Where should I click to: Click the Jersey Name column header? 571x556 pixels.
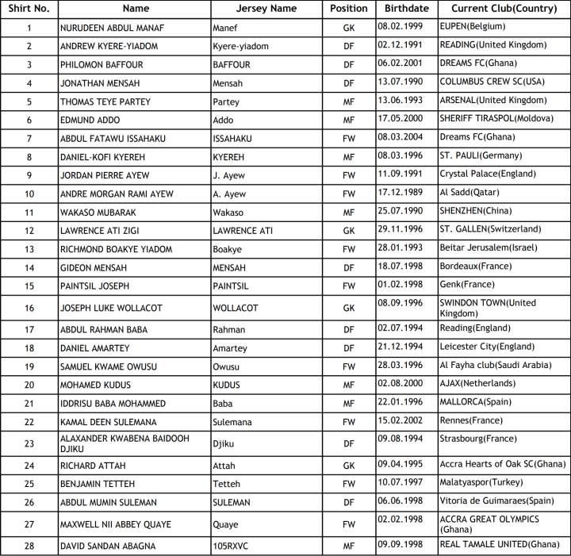[266, 9]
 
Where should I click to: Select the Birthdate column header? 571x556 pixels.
[406, 9]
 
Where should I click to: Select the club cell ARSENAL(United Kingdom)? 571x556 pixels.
[492, 101]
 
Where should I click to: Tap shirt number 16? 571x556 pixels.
[29, 308]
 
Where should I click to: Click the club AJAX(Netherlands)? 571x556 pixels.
[478, 384]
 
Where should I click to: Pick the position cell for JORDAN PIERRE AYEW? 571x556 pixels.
[349, 175]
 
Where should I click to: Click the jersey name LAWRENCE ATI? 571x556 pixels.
[243, 231]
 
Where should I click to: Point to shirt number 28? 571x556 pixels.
[29, 546]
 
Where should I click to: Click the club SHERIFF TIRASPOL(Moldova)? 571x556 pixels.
[496, 119]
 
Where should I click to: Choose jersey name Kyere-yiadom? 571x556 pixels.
[240, 46]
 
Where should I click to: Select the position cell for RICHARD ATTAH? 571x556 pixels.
[349, 466]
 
